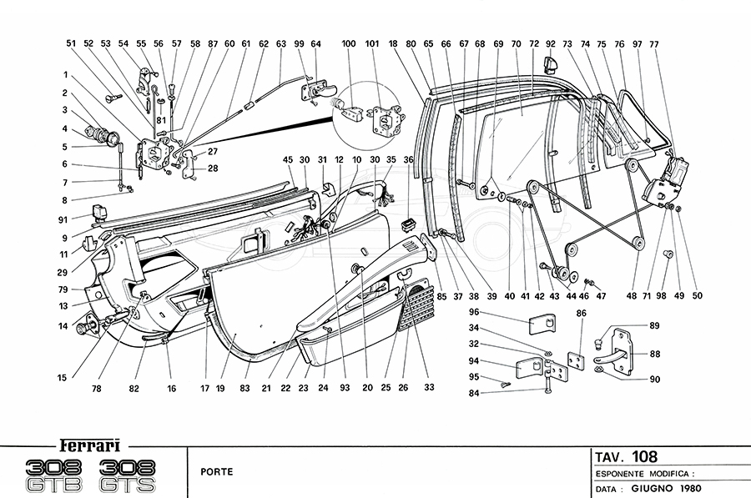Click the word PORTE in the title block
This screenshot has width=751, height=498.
216,472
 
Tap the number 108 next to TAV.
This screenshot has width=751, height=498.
644,456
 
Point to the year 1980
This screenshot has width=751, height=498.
694,488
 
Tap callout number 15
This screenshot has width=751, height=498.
62,377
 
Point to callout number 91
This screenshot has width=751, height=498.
63,220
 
